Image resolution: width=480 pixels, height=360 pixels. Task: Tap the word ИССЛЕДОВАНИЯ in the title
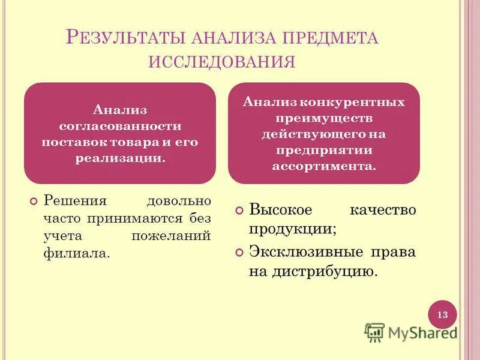point(222,62)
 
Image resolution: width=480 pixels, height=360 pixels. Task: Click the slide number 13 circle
point(442,315)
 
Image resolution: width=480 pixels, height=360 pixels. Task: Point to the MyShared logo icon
point(374,332)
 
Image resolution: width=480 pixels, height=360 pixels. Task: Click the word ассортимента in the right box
point(323,166)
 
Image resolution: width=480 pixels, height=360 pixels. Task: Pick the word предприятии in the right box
point(323,150)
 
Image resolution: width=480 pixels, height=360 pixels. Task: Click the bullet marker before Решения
point(34,200)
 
